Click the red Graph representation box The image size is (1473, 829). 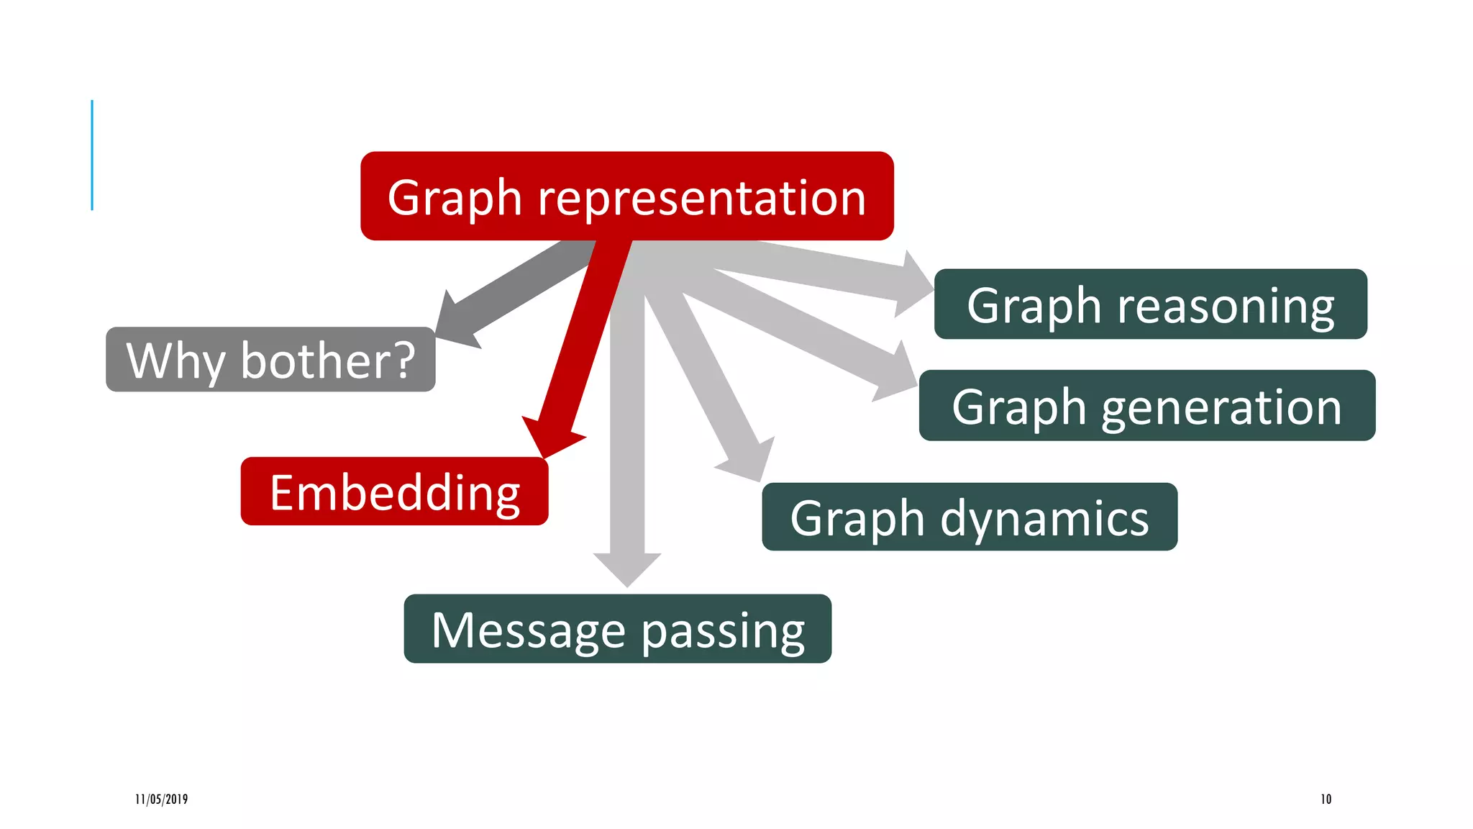pos(626,196)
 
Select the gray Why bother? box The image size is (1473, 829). pos(270,359)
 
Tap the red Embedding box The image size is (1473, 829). pos(394,491)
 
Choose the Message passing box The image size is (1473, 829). pos(617,628)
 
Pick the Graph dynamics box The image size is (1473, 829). pos(969,517)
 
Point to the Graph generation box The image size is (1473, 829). pos(1146,405)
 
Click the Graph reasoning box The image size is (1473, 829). pos(1150,304)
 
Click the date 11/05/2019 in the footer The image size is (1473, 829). pos(161,799)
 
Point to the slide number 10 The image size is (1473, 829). pos(1326,799)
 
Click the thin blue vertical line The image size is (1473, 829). pos(92,155)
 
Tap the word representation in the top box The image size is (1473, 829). pos(701,197)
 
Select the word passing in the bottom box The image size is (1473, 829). pos(722,630)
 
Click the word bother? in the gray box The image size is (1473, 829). pos(327,360)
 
